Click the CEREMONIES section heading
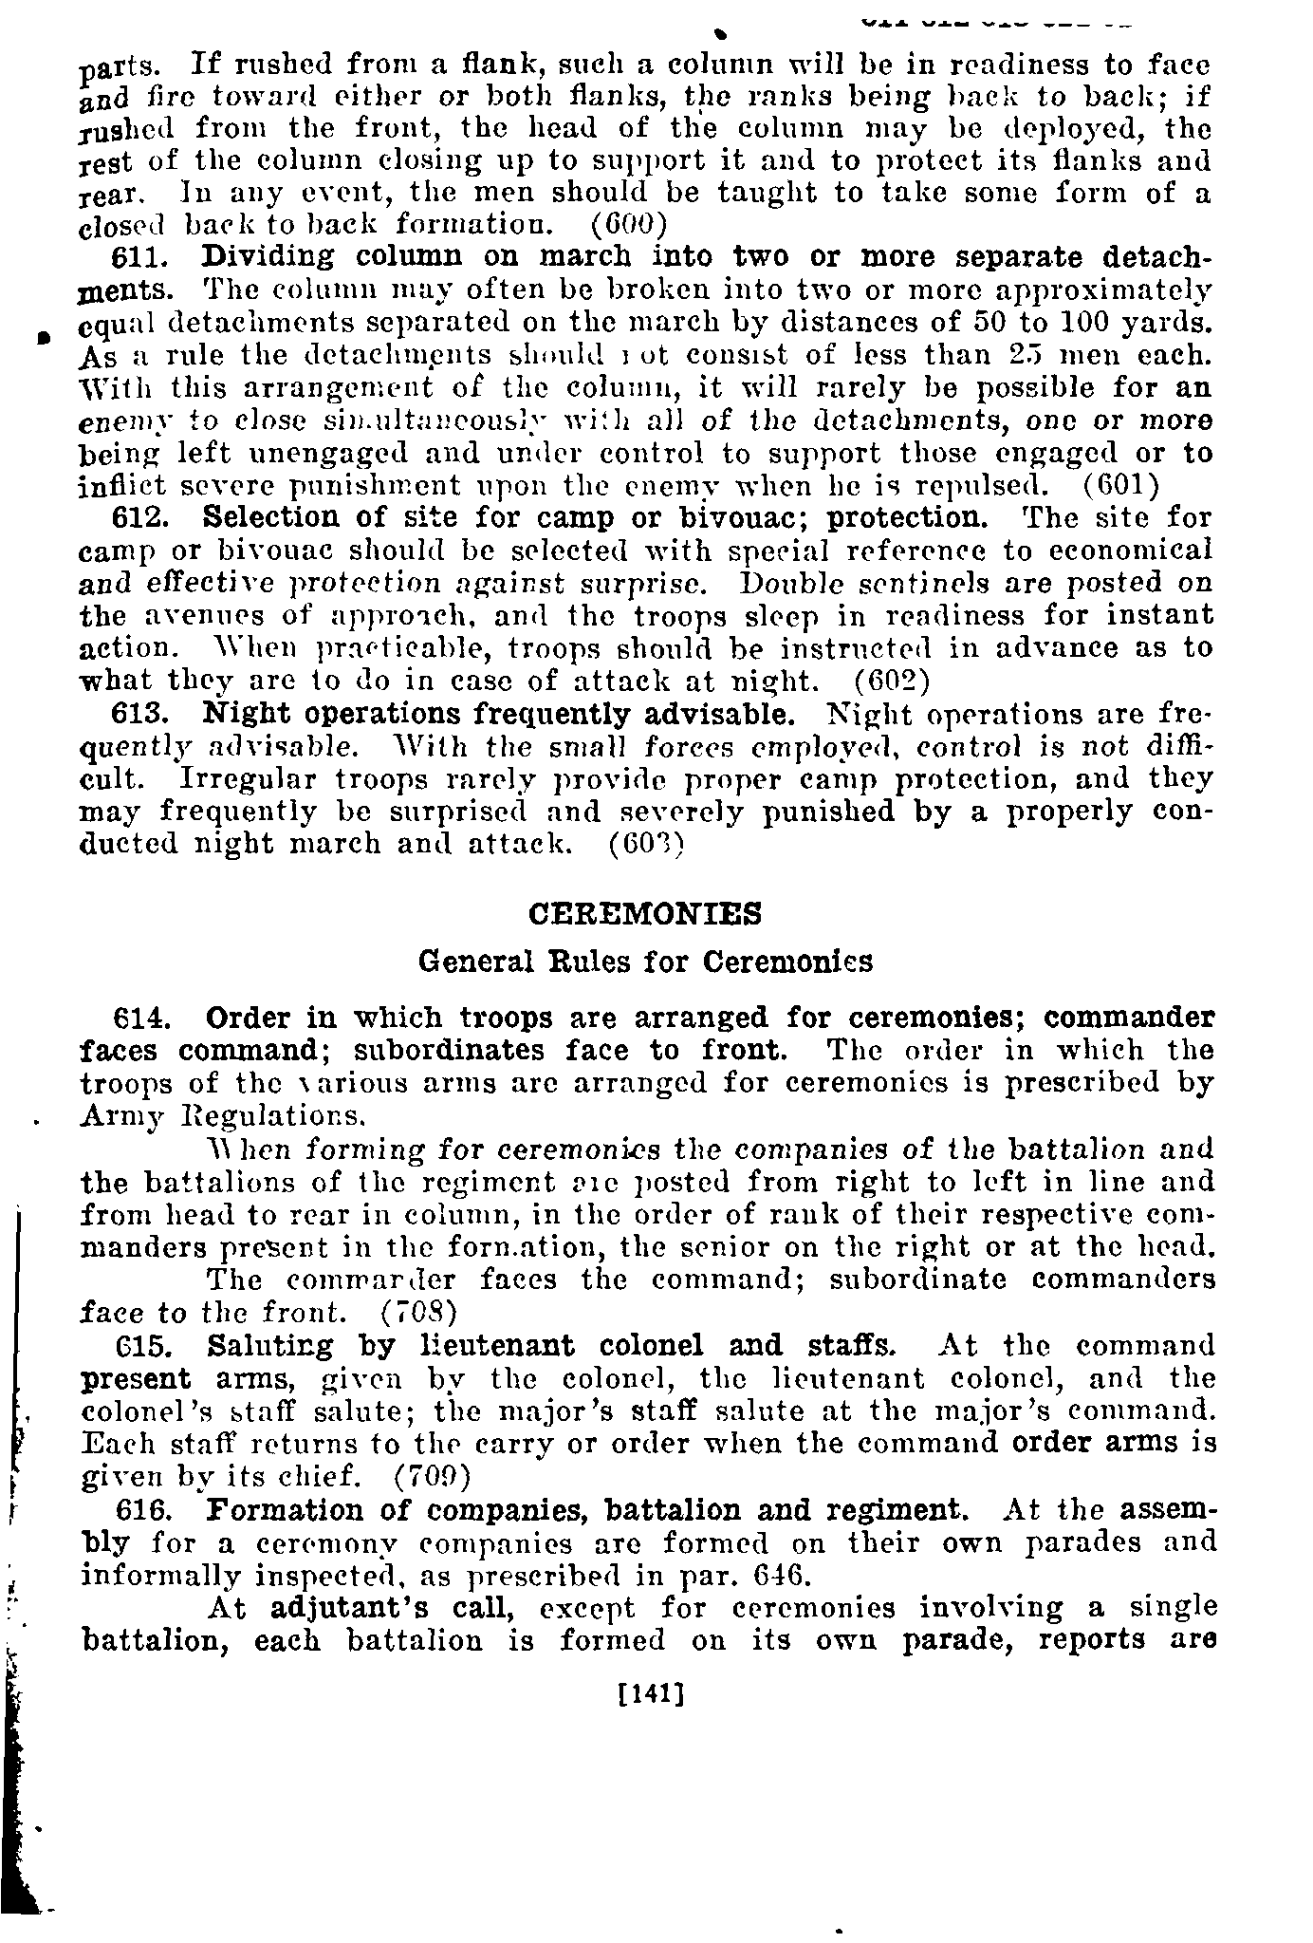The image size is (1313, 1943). (644, 914)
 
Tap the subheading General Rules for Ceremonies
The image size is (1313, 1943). (645, 962)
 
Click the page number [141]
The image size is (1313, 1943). (650, 1691)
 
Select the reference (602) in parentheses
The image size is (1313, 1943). (892, 681)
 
